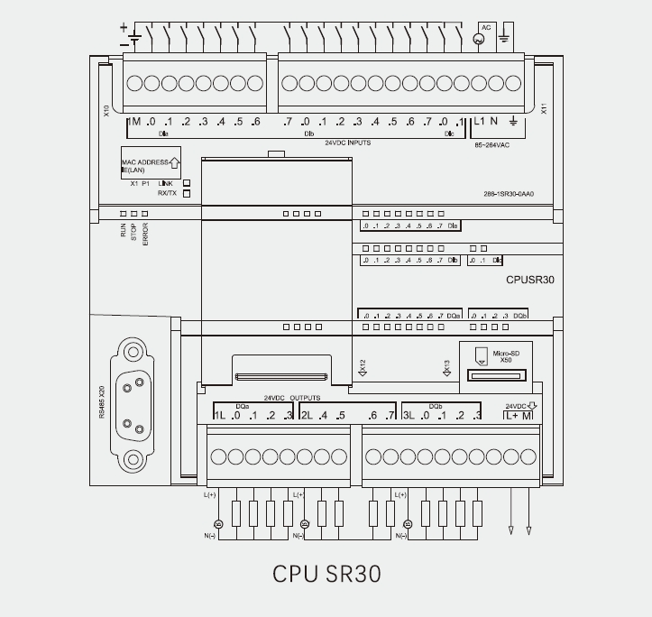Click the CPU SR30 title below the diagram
coord(326,574)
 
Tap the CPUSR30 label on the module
coord(530,280)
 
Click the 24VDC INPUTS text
coord(347,143)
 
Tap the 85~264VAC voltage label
coord(492,143)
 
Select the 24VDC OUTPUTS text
coord(291,397)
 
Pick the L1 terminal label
coord(479,122)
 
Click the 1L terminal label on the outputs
coord(219,415)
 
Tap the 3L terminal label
coord(408,415)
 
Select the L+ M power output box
coord(518,415)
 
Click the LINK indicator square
coord(187,182)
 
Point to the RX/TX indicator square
coord(187,193)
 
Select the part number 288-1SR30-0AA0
coord(509,194)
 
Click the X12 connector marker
coord(362,366)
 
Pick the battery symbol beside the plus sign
coord(134,39)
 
